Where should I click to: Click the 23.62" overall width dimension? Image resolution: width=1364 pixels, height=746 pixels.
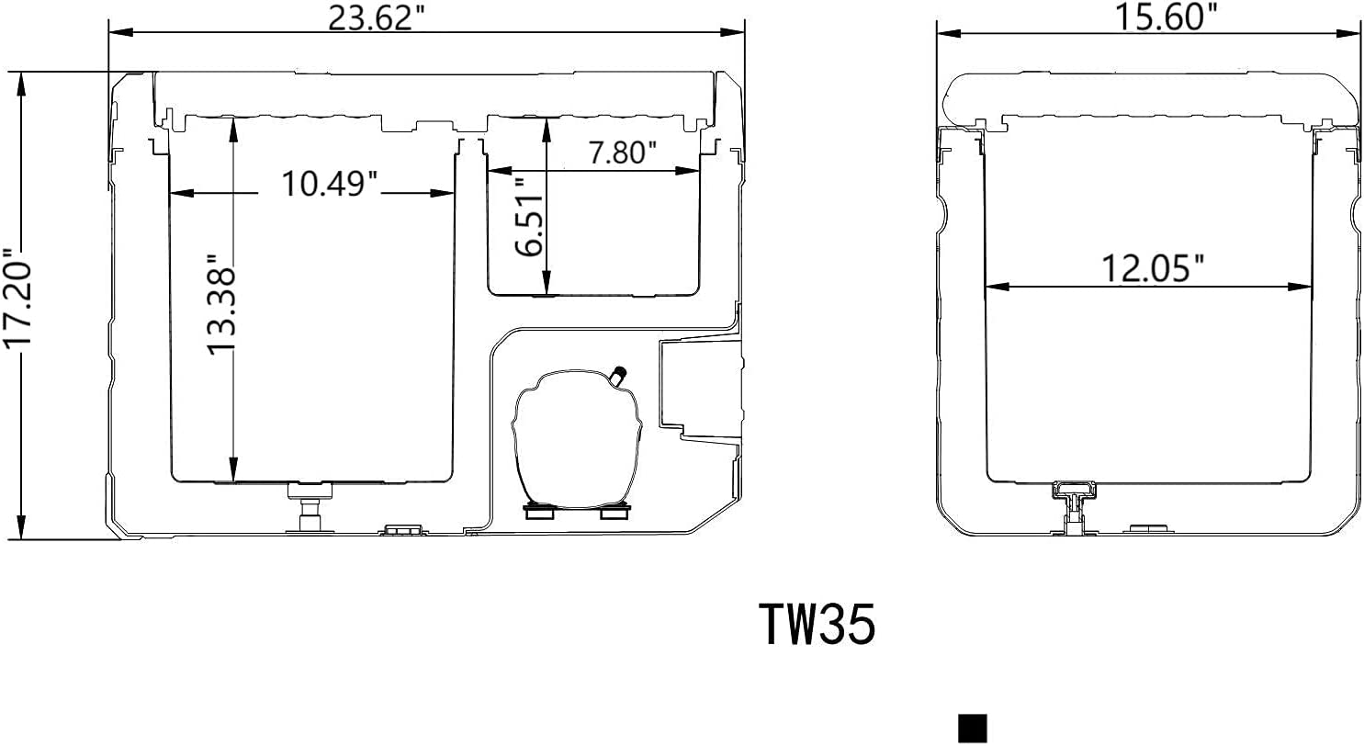pos(383,17)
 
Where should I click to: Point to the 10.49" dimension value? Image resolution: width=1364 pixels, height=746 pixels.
pos(330,184)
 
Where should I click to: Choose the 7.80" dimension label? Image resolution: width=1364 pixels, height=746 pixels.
pos(623,152)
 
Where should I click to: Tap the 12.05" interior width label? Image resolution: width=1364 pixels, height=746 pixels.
pos(1153,268)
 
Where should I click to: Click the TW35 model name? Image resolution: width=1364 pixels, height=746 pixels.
pos(817,626)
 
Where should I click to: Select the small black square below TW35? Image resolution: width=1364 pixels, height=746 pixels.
pos(972,728)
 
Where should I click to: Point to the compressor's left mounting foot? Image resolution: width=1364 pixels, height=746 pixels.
pos(536,513)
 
